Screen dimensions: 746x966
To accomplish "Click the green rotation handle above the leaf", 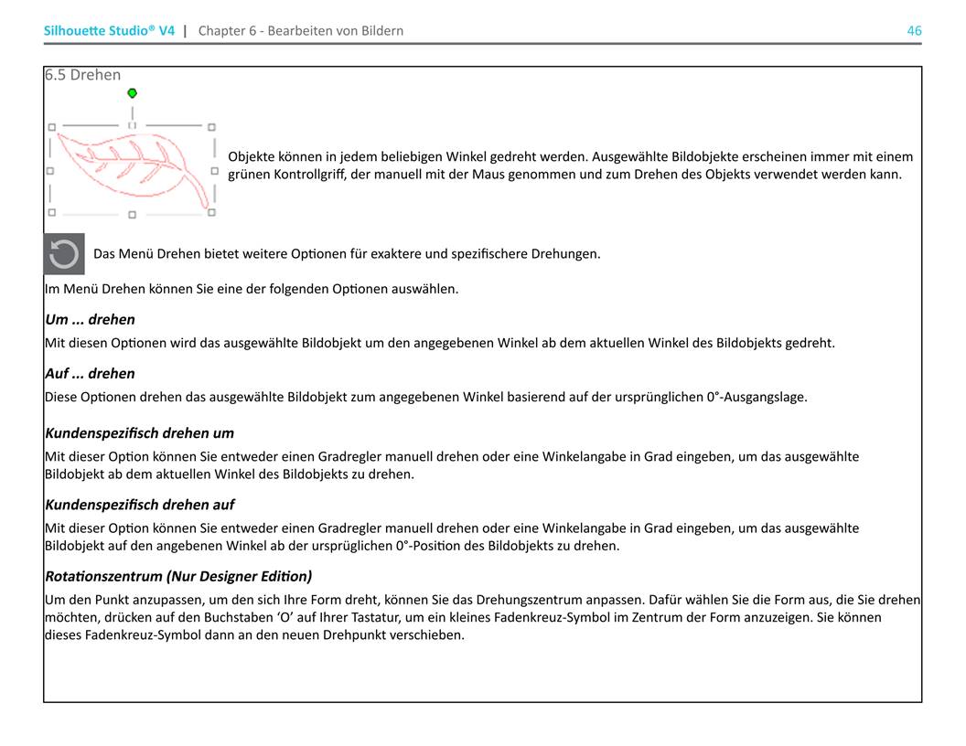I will coord(133,93).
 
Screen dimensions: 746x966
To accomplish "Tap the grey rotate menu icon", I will coord(64,254).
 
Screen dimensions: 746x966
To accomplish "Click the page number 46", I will coord(914,30).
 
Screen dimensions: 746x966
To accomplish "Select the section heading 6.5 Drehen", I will coord(82,75).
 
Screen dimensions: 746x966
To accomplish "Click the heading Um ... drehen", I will coord(90,319).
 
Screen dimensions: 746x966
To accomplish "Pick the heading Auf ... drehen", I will coord(90,373).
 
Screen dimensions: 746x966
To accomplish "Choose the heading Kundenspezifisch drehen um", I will coord(139,432).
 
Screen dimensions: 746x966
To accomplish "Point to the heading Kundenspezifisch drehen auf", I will coord(139,504).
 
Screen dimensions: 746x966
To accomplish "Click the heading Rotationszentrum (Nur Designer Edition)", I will coord(178,576).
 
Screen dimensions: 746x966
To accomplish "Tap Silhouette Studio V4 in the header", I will coord(109,30).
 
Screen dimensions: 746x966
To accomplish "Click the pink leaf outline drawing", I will coord(128,160).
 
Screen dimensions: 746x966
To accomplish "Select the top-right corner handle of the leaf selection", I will coord(211,127).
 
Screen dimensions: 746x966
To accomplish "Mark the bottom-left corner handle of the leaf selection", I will coord(51,212).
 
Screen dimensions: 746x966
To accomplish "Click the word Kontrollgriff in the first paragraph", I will coord(307,174).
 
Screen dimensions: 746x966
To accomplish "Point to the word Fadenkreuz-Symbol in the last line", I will coord(102,634).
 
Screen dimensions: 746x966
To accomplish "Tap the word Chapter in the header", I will coord(221,30).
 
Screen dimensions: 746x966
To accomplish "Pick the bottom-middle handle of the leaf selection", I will coord(132,215).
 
